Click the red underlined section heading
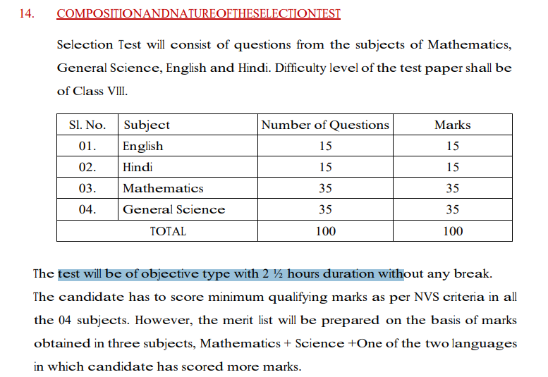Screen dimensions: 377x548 pyautogui.click(x=198, y=13)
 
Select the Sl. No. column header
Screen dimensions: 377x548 pyautogui.click(x=87, y=125)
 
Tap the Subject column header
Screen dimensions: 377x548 pyautogui.click(x=146, y=125)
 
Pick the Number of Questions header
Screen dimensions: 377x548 pyautogui.click(x=325, y=125)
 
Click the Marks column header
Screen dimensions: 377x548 pyautogui.click(x=452, y=125)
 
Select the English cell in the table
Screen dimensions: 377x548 pyautogui.click(x=142, y=146)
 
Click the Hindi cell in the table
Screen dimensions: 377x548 pyautogui.click(x=138, y=167)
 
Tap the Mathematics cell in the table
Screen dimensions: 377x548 pyautogui.click(x=163, y=188)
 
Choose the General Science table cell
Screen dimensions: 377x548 pyautogui.click(x=173, y=209)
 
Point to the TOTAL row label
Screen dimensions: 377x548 pyautogui.click(x=168, y=230)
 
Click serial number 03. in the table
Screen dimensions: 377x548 pyautogui.click(x=87, y=188)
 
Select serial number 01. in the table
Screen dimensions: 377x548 pyautogui.click(x=87, y=146)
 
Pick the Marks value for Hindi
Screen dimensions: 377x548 pyautogui.click(x=452, y=167)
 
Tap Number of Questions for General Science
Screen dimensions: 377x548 pyautogui.click(x=325, y=209)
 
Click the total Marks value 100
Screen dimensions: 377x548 pyautogui.click(x=452, y=230)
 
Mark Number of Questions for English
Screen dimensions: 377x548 pyautogui.click(x=325, y=146)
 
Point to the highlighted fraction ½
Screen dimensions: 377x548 pyautogui.click(x=277, y=273)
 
